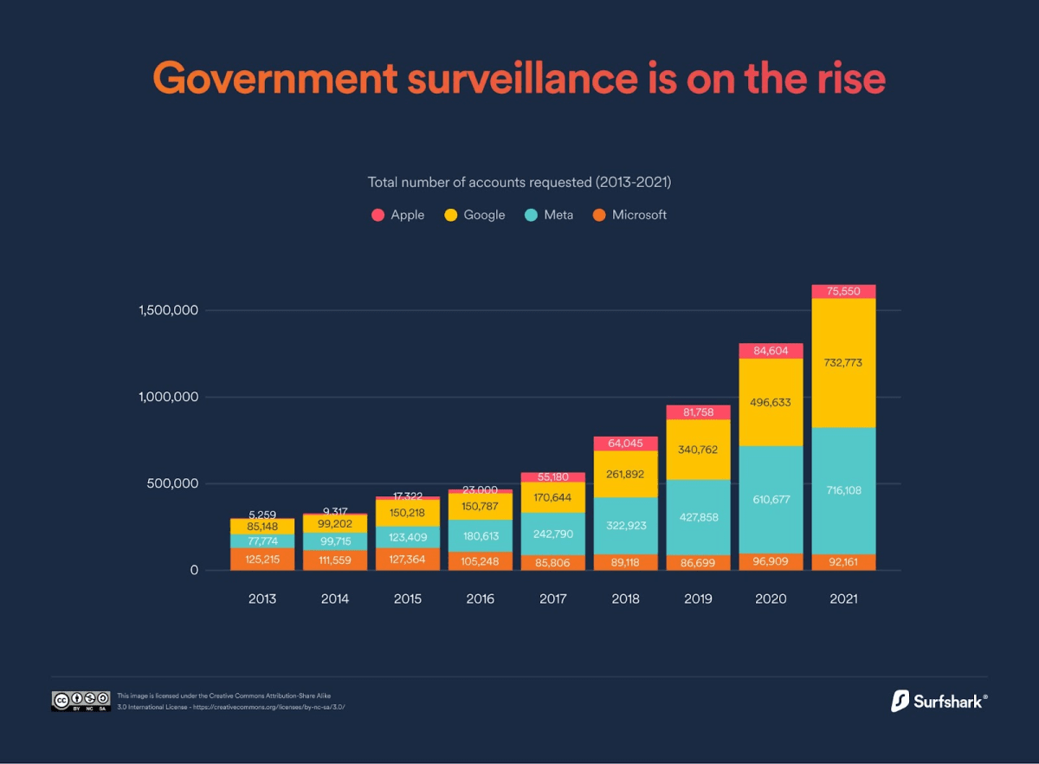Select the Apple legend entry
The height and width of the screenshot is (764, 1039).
tap(398, 215)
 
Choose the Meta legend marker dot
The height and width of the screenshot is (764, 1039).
tap(532, 215)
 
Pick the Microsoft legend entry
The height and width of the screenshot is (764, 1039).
tap(629, 215)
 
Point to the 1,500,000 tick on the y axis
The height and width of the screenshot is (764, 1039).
tap(169, 310)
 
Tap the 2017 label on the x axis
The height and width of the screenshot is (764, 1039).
tap(552, 599)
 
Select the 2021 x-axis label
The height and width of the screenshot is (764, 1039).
tap(842, 599)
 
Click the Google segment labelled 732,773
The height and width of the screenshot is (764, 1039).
tap(842, 363)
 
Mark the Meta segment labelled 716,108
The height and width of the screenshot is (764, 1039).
tap(842, 490)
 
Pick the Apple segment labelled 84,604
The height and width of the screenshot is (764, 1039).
tap(770, 351)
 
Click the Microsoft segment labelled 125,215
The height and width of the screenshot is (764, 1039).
tap(261, 560)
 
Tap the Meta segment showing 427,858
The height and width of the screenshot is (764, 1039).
tap(697, 517)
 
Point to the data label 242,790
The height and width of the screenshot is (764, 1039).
tap(552, 534)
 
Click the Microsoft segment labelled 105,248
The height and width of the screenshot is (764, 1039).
tap(480, 560)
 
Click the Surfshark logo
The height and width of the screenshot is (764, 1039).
tap(939, 701)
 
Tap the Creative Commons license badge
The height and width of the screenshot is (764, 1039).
tap(81, 701)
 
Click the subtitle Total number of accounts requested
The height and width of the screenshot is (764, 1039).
tap(519, 183)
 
